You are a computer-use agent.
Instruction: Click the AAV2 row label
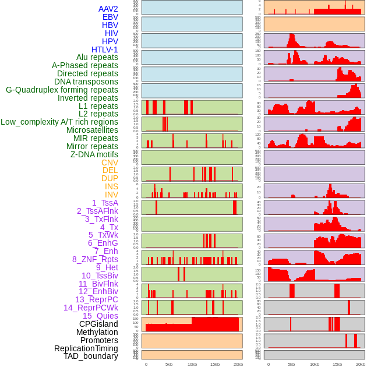click(108, 9)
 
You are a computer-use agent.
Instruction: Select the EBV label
click(110, 17)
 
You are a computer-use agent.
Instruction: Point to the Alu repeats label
click(97, 57)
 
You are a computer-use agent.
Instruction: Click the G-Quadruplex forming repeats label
click(62, 90)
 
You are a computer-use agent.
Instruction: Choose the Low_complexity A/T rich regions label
click(59, 122)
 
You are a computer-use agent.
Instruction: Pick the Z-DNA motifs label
click(94, 154)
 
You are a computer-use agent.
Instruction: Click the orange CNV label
click(110, 163)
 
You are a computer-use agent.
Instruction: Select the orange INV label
click(111, 195)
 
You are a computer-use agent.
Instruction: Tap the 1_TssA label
click(105, 203)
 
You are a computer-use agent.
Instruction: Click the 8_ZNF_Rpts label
click(95, 259)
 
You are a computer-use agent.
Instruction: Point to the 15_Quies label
click(100, 316)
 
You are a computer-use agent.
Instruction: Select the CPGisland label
click(98, 324)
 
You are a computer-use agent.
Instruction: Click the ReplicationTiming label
click(86, 348)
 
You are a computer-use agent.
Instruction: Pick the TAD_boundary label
click(90, 356)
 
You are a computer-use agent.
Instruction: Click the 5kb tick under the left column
click(169, 364)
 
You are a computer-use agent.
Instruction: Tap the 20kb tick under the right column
click(361, 364)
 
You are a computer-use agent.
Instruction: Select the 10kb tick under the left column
click(192, 364)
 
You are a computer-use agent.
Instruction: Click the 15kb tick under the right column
click(337, 364)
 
